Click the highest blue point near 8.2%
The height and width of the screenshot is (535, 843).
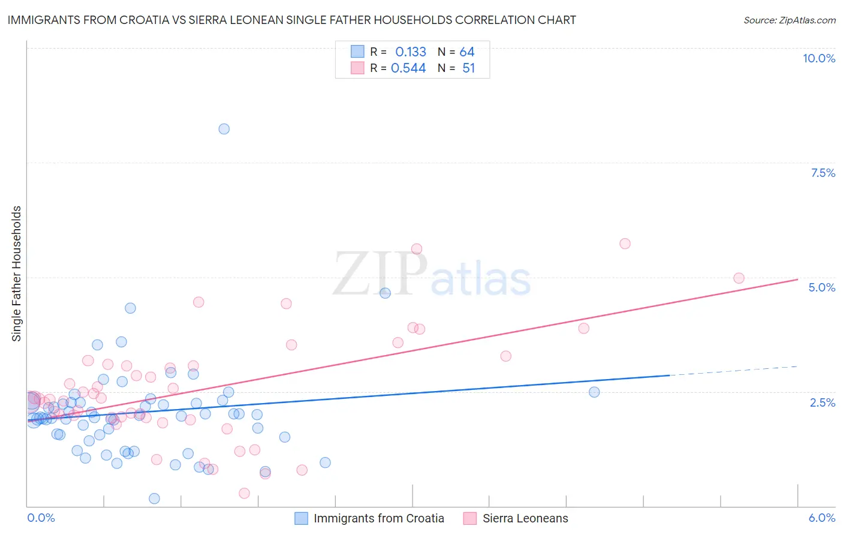tap(224, 129)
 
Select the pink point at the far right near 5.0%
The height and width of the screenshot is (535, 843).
tap(739, 278)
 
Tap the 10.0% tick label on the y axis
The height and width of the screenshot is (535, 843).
tap(818, 58)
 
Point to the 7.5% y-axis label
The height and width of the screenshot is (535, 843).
tap(823, 173)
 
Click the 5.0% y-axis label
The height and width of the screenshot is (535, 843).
tap(821, 287)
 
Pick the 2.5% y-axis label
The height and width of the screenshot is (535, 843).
tap(822, 402)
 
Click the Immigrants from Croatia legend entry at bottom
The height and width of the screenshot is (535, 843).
tap(378, 518)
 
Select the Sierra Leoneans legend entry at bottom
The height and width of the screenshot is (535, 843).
tap(525, 518)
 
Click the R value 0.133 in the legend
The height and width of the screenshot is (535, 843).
tap(411, 52)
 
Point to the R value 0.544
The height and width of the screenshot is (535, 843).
tap(408, 68)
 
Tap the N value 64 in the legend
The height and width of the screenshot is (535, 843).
tap(467, 52)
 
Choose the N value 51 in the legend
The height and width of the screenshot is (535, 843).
tap(468, 68)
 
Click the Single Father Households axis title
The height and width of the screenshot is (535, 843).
tap(17, 273)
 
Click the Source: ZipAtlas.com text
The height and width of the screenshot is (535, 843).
tap(789, 20)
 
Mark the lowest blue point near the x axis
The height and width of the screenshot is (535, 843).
tap(154, 498)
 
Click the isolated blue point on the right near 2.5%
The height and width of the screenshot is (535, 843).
tap(594, 392)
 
